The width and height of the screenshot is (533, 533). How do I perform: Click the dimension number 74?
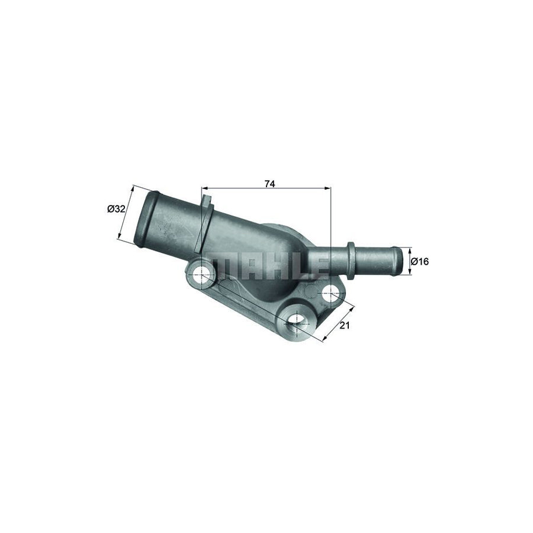[x=269, y=184]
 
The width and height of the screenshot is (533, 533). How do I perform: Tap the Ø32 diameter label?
[x=116, y=208]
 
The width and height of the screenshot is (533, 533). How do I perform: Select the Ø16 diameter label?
[x=419, y=261]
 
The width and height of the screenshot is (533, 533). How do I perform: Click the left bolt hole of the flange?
[x=202, y=274]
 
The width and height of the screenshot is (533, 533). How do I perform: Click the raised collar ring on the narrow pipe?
[x=351, y=261]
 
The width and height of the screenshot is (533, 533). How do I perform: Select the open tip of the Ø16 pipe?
[x=398, y=261]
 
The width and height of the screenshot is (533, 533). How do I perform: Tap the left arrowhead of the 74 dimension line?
[x=204, y=189]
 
